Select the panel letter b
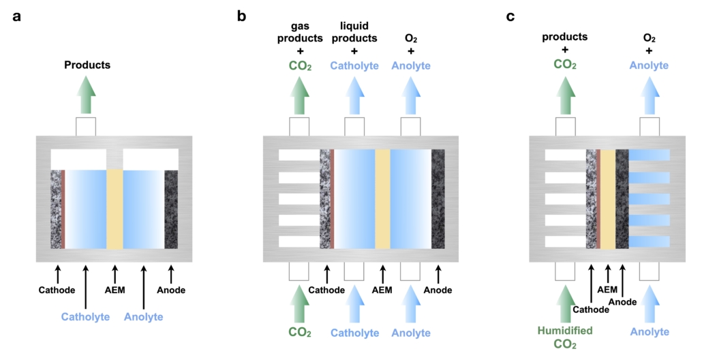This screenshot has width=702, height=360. click(x=241, y=16)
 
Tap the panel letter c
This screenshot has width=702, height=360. click(x=510, y=16)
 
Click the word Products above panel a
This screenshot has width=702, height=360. click(x=87, y=65)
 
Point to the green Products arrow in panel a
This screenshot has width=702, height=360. click(x=86, y=96)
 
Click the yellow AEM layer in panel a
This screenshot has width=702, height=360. click(x=115, y=209)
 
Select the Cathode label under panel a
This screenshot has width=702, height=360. click(x=57, y=290)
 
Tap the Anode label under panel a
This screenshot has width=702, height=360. click(x=170, y=290)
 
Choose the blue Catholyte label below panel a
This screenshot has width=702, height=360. click(x=85, y=316)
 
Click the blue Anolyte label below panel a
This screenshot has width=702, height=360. click(x=144, y=316)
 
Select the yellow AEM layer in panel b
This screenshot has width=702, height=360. click(x=382, y=198)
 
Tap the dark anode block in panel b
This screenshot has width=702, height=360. click(x=438, y=198)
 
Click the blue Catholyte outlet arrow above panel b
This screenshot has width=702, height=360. click(x=354, y=96)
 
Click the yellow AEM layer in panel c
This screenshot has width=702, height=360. click(x=607, y=198)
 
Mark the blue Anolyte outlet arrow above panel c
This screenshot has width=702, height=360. click(x=649, y=96)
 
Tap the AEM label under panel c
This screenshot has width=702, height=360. click(x=607, y=289)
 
